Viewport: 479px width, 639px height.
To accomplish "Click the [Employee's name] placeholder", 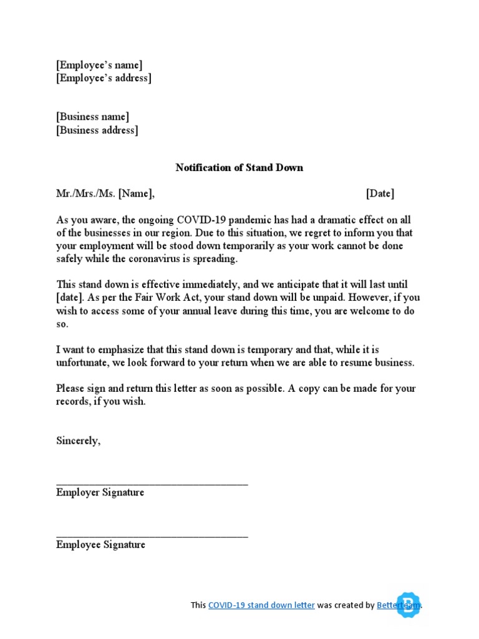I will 99,65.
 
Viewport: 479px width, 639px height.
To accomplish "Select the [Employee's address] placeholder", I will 104,78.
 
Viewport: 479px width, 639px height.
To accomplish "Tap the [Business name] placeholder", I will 93,117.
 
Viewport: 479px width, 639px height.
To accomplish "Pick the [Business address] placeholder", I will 97,130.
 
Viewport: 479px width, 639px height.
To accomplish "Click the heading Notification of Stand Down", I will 239,167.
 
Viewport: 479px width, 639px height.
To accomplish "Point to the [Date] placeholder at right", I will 380,193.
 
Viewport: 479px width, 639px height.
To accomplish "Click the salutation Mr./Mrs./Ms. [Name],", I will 105,193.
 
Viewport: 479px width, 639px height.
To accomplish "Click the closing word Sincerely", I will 78,441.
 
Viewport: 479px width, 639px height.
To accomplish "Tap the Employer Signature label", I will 100,492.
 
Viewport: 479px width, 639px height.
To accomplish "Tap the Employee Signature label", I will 100,545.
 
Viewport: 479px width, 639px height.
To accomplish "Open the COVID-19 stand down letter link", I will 261,605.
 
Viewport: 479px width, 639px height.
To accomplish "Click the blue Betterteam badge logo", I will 409,604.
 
